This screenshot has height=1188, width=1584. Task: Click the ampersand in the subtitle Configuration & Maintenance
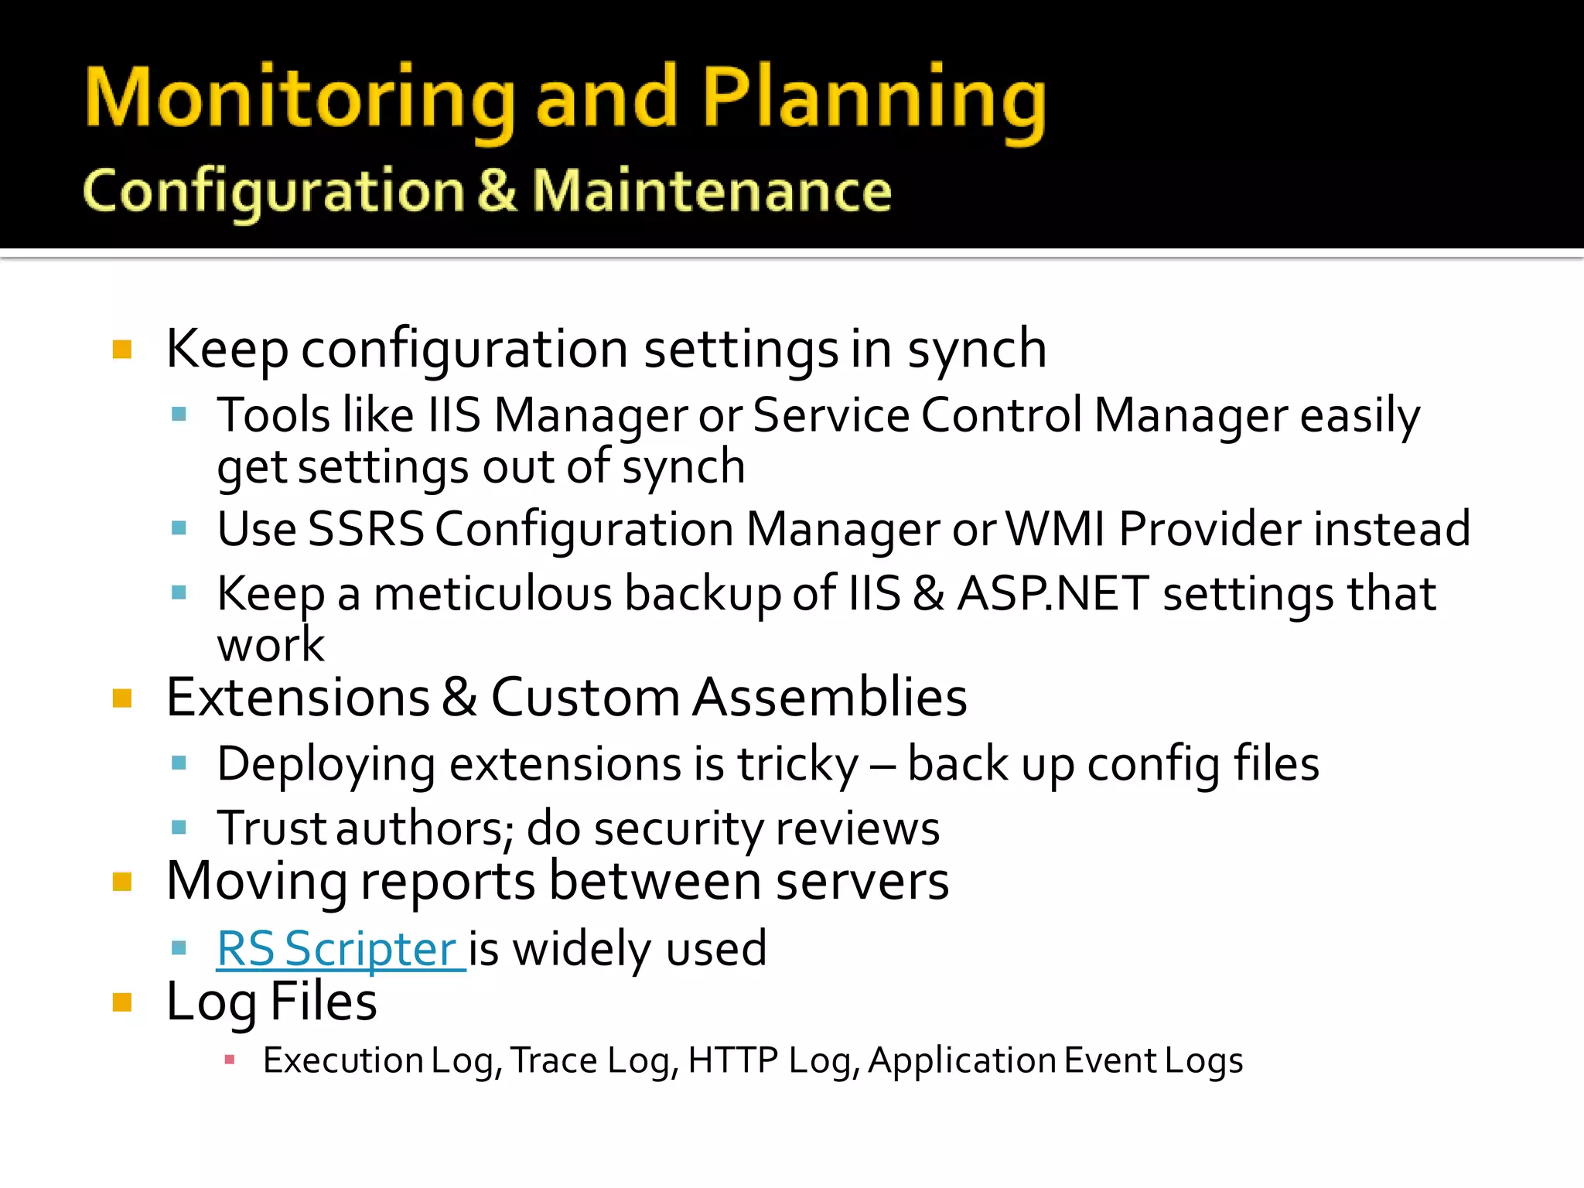497,191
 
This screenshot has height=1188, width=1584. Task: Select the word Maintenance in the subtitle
712,191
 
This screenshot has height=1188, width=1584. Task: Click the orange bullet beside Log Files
122,1003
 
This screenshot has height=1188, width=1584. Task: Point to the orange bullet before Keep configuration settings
122,350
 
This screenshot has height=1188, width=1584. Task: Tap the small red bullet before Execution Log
229,1060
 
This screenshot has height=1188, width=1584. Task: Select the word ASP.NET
1052,594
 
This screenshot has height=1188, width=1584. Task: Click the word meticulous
494,594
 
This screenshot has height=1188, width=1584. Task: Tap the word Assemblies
829,698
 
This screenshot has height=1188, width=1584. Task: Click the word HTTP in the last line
732,1060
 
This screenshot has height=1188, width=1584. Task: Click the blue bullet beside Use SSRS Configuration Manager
179,529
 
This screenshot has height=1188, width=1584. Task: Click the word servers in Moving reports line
862,882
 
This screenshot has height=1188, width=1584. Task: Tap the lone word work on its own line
271,645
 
